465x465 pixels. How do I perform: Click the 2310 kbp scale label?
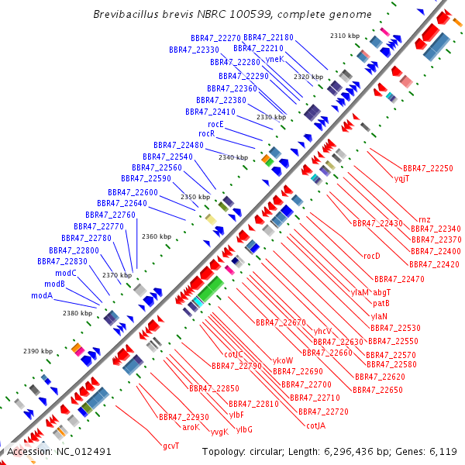345,36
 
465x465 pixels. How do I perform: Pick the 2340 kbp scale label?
233,157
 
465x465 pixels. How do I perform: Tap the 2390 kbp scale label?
38,351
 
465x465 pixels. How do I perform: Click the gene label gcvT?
170,446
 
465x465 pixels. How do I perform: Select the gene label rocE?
215,124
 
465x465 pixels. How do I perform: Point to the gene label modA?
42,295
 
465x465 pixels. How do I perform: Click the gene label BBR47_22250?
428,168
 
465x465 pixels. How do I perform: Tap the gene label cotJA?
315,425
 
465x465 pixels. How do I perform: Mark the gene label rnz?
424,219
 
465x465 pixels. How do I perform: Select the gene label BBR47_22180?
268,37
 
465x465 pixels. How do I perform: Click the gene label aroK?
191,426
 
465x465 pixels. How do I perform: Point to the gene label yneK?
274,59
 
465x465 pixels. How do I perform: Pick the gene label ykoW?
283,360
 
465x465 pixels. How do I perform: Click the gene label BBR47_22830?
62,261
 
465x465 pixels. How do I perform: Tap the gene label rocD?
372,256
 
